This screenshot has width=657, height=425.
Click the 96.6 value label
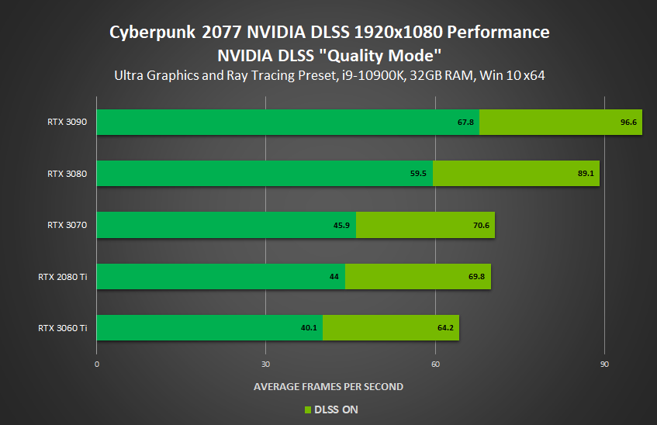coord(628,123)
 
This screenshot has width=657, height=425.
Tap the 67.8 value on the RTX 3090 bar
coord(466,123)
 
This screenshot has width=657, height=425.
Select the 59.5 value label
coord(419,174)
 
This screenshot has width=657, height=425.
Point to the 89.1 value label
coord(586,174)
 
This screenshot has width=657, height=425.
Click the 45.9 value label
coord(342,225)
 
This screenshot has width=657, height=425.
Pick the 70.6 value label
coord(481,225)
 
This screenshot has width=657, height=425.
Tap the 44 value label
coord(334,276)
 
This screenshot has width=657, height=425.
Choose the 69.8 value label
coord(477,276)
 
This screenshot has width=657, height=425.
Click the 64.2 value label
coord(445,327)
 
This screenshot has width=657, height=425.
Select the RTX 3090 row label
coord(67,122)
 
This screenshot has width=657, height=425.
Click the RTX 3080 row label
coord(67,173)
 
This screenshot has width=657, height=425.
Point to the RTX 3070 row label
coord(67,225)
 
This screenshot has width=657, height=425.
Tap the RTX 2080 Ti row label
coord(62,276)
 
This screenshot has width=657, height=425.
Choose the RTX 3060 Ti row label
coord(62,327)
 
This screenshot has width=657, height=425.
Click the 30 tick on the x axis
coord(266,365)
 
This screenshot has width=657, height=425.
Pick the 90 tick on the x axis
coord(604,365)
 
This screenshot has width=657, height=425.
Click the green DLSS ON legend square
coord(306,409)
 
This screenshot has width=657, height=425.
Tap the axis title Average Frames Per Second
coord(328,386)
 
